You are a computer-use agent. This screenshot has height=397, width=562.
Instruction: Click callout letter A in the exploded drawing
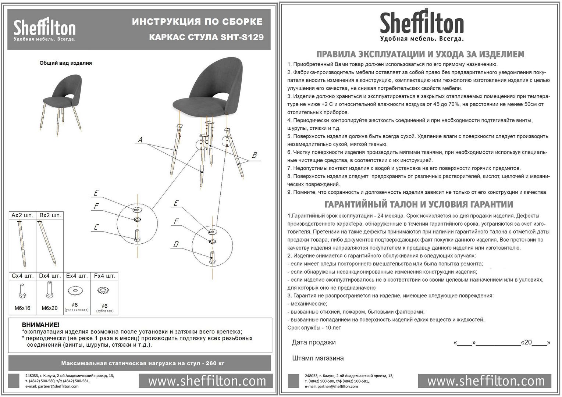click(140, 140)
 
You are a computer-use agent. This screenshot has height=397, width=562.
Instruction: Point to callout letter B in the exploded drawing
click(254, 155)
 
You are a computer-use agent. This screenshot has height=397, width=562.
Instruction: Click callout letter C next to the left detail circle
click(96, 227)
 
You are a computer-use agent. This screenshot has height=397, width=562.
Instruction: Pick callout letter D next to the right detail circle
click(176, 244)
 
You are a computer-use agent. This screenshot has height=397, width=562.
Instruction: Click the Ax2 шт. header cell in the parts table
click(22, 215)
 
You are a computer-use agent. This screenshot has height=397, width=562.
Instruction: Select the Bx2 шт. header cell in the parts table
click(50, 215)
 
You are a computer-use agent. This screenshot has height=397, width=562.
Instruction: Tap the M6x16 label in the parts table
click(22, 308)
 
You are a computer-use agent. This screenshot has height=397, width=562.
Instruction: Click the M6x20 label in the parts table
click(50, 308)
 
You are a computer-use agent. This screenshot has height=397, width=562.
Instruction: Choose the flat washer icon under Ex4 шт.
click(77, 290)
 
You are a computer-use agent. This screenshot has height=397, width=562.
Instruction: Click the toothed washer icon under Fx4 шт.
click(104, 291)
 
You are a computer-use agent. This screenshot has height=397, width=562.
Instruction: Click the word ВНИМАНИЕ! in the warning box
click(40, 325)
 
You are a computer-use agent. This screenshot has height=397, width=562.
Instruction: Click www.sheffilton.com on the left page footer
click(207, 381)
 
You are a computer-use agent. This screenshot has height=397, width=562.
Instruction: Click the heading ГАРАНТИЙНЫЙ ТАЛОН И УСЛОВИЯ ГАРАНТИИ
click(419, 204)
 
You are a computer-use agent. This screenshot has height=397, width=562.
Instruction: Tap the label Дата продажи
click(314, 342)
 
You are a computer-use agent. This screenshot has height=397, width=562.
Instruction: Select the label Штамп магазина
click(318, 358)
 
